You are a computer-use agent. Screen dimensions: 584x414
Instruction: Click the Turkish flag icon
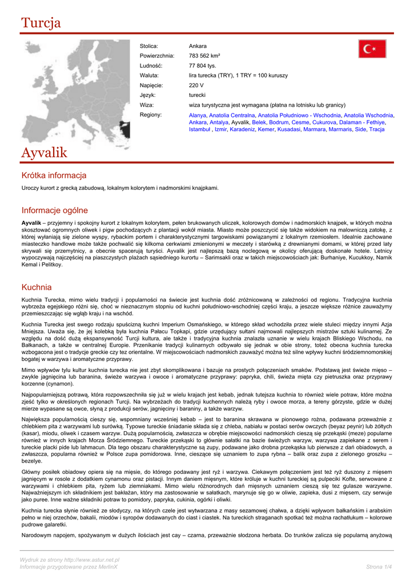[372, 48]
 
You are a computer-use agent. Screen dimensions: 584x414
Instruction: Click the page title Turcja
[41, 23]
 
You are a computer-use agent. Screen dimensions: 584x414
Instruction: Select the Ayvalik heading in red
[44, 153]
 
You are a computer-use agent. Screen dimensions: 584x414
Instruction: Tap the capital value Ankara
[198, 46]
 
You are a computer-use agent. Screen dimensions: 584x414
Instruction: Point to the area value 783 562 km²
[204, 56]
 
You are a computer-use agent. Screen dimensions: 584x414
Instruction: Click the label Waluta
[149, 75]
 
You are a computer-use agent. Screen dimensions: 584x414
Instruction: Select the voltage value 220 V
[196, 85]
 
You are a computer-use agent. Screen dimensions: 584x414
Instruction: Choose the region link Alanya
[198, 115]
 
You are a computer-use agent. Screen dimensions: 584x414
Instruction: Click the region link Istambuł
[200, 129]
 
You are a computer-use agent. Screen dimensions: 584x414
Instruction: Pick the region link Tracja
[377, 129]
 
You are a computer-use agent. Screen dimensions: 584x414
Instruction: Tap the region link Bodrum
[279, 123]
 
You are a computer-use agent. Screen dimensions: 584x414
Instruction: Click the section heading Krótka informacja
[54, 176]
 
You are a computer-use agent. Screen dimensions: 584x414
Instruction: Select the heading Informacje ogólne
[55, 210]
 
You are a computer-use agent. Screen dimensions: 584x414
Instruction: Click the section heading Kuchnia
[37, 287]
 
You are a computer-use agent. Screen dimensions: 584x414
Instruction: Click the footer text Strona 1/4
[379, 566]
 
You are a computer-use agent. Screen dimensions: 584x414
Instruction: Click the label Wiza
[146, 105]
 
